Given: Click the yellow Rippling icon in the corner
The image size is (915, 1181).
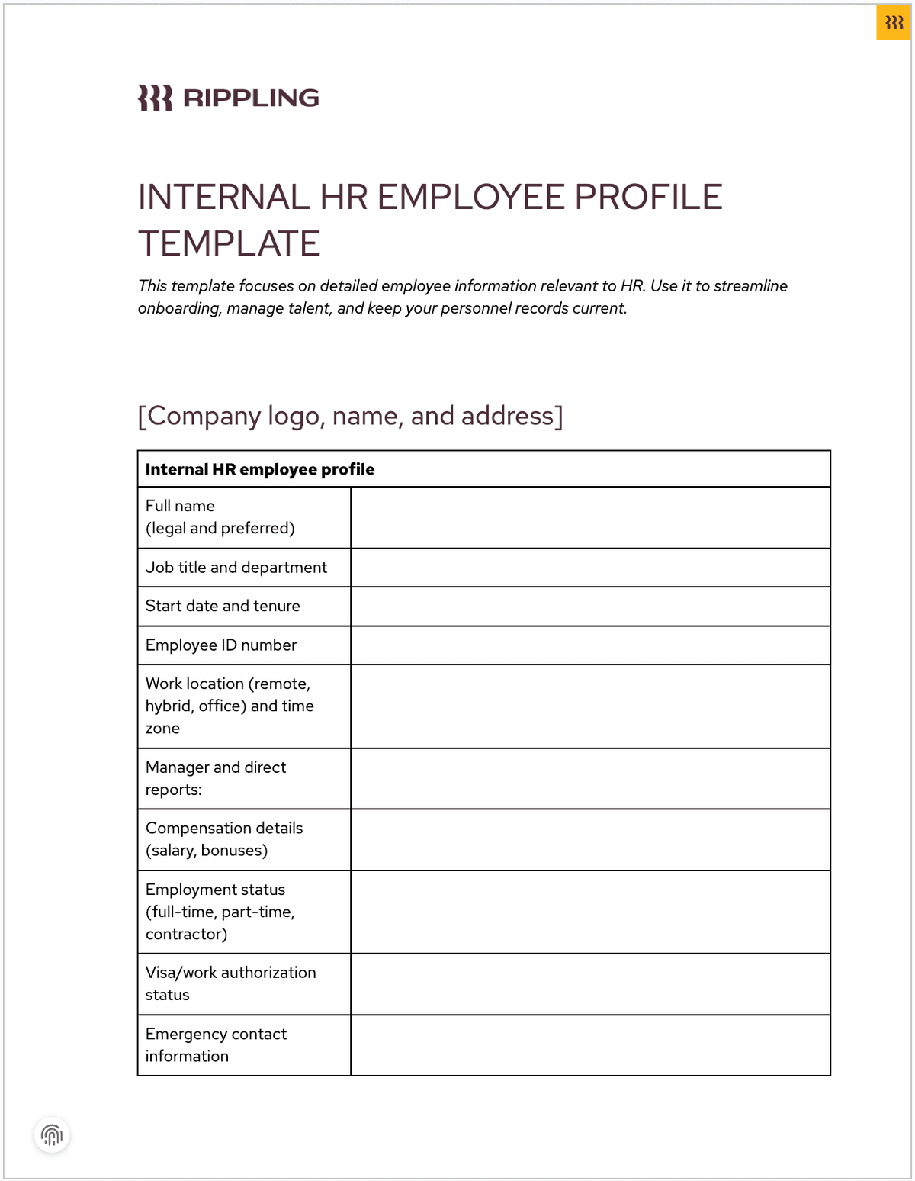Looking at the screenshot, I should [x=894, y=23].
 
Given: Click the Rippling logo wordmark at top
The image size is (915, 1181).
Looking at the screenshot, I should [x=228, y=98].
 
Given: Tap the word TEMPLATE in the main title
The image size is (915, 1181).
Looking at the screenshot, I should [x=229, y=244].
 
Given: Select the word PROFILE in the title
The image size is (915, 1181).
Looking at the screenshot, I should [x=648, y=197].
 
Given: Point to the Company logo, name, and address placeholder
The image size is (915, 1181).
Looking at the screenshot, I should [x=350, y=416].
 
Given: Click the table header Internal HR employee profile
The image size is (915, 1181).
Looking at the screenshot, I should [x=260, y=469].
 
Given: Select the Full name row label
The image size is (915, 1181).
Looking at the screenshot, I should [x=220, y=516].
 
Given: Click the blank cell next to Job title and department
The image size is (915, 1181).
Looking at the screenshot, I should [x=590, y=568].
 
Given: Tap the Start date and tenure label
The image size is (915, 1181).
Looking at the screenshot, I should [x=223, y=606].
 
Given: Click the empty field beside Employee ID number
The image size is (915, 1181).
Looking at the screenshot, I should [x=590, y=645].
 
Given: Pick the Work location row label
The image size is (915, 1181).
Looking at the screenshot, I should [x=229, y=706].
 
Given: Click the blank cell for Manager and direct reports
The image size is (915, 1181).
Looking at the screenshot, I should [x=590, y=778].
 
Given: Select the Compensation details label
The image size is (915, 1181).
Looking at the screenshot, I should [x=223, y=839].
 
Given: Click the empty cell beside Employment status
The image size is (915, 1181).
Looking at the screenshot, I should [x=590, y=912].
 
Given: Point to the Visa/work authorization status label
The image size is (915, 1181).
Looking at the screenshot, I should [x=230, y=983].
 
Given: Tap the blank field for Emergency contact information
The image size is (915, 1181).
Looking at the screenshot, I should [x=590, y=1045].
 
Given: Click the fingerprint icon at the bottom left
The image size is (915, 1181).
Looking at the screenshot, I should [x=52, y=1135].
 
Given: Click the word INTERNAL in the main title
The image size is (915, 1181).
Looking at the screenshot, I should [x=223, y=197].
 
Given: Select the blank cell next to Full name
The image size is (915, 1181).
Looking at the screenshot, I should [x=590, y=517].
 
